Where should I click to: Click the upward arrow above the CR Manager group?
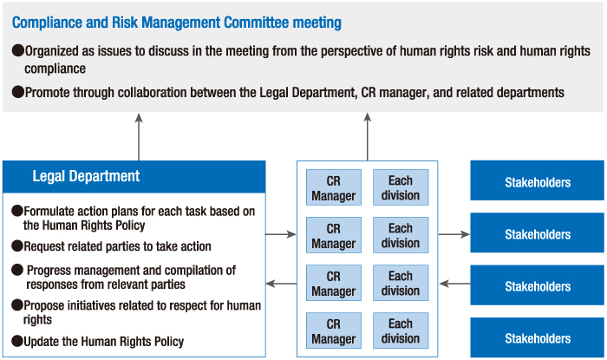coord(367,135)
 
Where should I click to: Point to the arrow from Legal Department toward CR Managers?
coord(281,233)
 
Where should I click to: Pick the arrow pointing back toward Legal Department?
coord(281,284)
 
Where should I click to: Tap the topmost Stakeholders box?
coord(538,182)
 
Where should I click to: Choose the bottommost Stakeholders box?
coord(538,338)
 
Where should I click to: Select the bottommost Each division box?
coord(400,331)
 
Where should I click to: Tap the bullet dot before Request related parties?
coord(16,246)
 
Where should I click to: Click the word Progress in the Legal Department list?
coord(51,271)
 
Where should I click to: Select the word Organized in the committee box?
coord(56,50)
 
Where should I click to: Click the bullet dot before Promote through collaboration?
coord(16,91)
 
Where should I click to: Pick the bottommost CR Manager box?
coord(333,331)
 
